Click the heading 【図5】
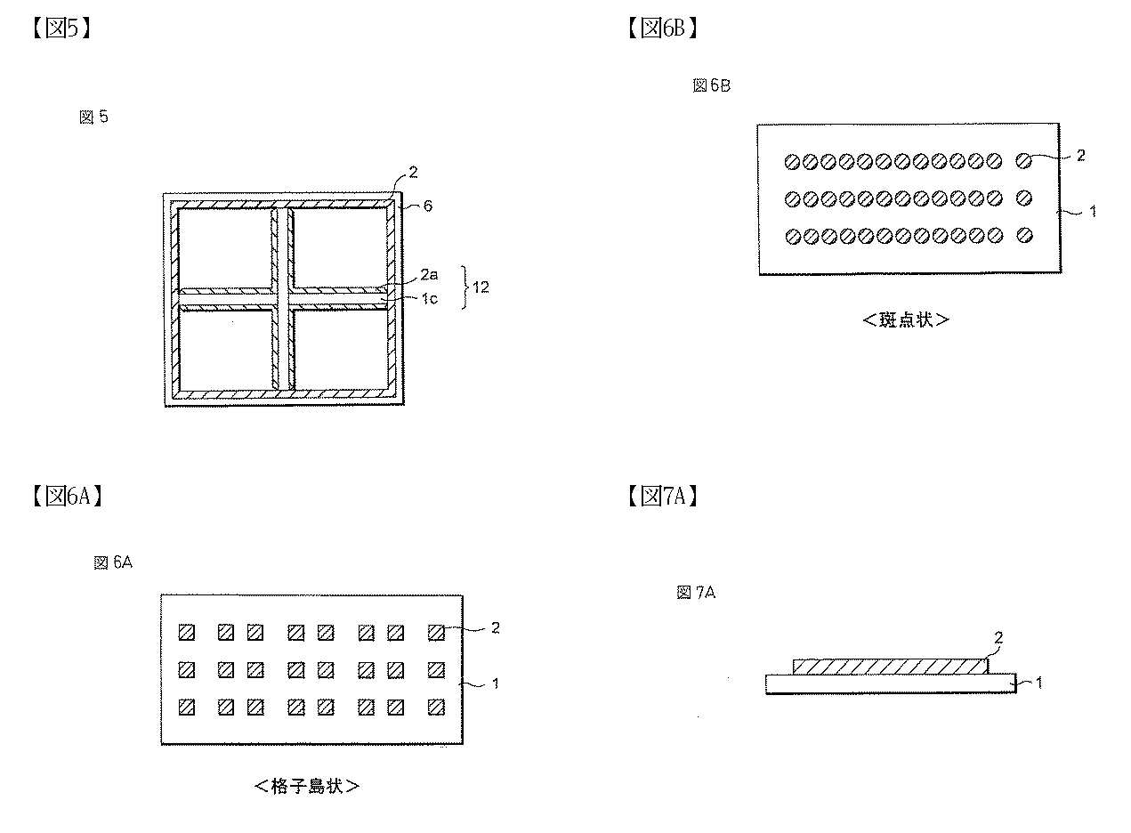(x=61, y=28)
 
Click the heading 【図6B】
(x=662, y=28)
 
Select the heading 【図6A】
(x=68, y=497)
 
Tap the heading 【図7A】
(x=662, y=497)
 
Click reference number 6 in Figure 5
(x=428, y=206)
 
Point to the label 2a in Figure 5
(x=429, y=275)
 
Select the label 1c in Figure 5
(x=429, y=299)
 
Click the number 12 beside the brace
(x=481, y=287)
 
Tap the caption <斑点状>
(x=906, y=319)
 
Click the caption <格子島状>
(x=307, y=786)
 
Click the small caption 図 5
(x=94, y=117)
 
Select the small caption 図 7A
(x=696, y=592)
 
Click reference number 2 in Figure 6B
(x=1080, y=156)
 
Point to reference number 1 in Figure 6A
(x=496, y=683)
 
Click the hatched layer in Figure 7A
(x=890, y=667)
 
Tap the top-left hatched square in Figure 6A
(x=187, y=633)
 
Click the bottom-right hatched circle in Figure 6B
(x=1024, y=235)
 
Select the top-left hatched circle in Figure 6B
(x=792, y=162)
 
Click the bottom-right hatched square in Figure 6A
(x=436, y=708)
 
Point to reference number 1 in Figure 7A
(x=1038, y=683)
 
